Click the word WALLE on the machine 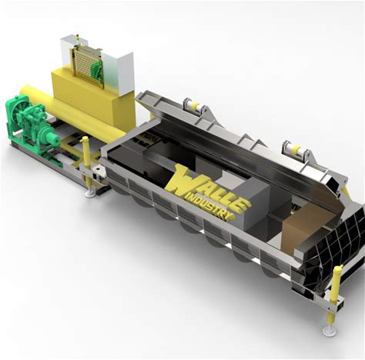[206, 188]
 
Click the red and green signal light [78, 37]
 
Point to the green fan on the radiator [97, 70]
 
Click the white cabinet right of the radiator [119, 74]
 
